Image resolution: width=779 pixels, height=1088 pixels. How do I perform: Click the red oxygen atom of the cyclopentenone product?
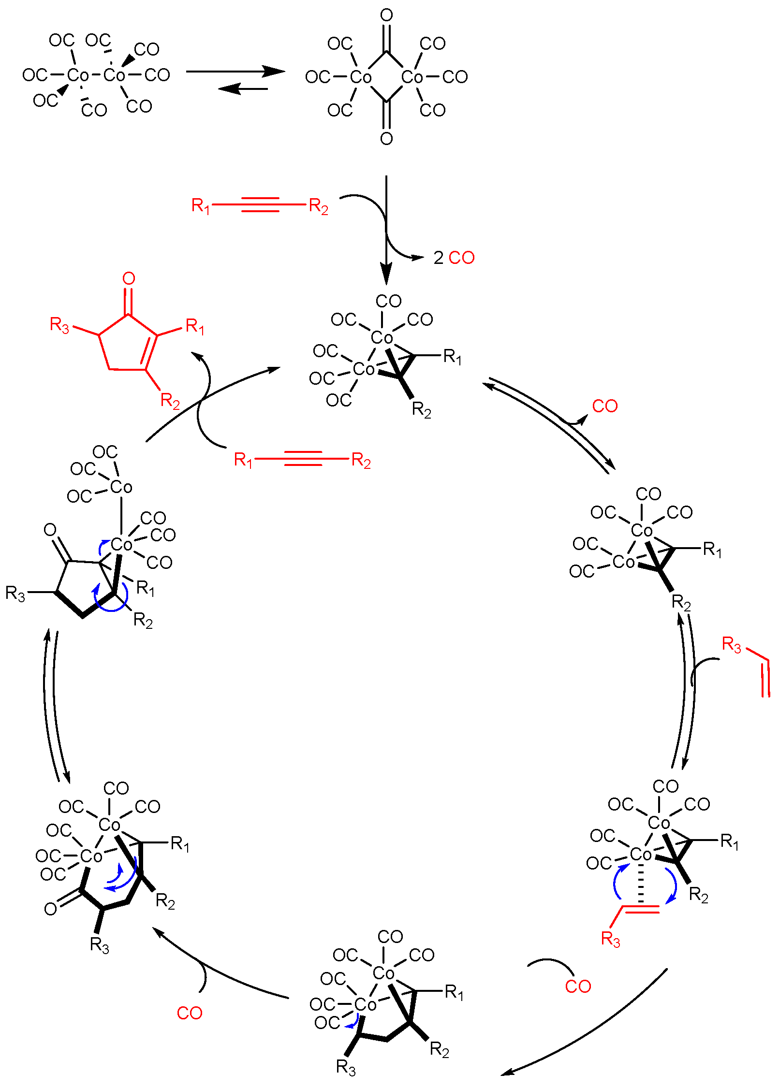(128, 278)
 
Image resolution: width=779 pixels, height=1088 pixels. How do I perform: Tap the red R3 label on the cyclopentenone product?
(59, 325)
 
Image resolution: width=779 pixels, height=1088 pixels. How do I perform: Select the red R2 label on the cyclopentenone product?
(170, 401)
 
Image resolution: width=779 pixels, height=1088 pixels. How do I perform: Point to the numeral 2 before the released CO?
(439, 258)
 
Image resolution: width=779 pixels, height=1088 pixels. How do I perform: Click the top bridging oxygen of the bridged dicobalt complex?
(386, 15)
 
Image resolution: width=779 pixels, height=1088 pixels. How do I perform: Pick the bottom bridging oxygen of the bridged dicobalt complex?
(386, 139)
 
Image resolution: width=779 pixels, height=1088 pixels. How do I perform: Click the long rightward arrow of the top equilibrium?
(235, 72)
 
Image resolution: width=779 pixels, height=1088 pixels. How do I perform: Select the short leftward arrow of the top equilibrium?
(243, 89)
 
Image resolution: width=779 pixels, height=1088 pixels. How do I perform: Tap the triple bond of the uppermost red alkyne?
(260, 205)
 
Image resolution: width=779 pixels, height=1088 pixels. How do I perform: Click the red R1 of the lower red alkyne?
(243, 460)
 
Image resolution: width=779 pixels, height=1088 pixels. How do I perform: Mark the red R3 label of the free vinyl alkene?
(731, 645)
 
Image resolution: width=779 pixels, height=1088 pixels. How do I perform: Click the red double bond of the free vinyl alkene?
(765, 679)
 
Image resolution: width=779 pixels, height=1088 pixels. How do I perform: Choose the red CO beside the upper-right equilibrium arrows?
(605, 406)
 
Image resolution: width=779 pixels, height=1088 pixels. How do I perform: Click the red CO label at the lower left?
(189, 1013)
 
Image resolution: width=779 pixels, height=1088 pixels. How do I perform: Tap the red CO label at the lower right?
(578, 986)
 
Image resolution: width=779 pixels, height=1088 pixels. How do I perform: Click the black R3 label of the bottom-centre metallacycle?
(346, 1067)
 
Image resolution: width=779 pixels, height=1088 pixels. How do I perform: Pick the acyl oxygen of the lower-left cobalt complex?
(50, 909)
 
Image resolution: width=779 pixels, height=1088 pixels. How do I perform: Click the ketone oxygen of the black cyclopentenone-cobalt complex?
(50, 530)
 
